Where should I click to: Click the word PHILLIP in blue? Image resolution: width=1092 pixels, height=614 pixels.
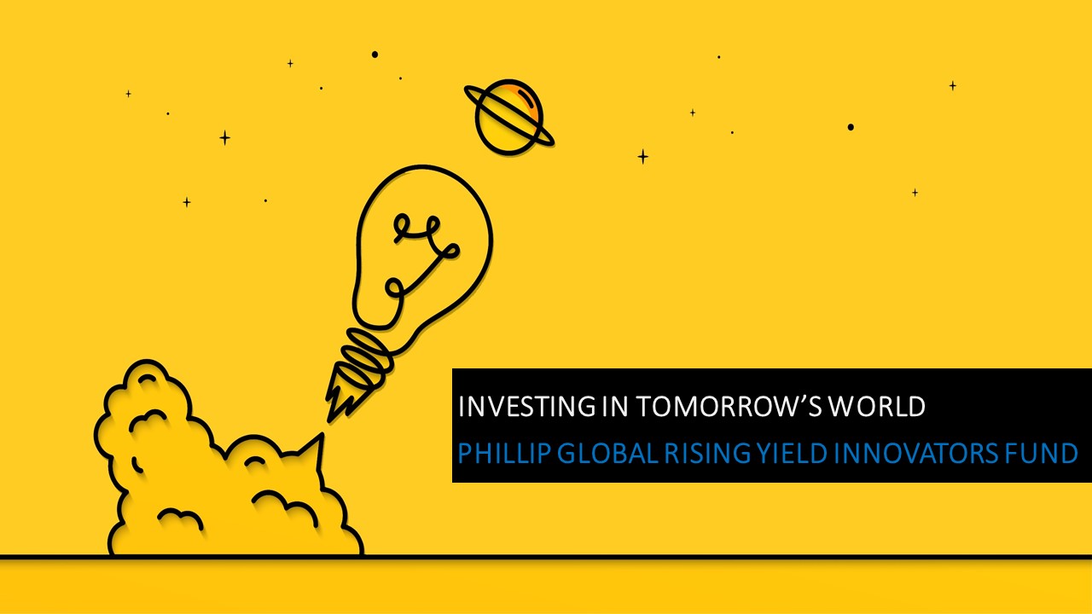click(504, 453)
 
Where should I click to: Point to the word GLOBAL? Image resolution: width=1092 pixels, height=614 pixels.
click(608, 453)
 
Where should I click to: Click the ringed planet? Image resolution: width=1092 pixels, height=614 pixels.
click(509, 117)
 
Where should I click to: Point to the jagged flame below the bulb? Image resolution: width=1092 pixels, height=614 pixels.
click(343, 395)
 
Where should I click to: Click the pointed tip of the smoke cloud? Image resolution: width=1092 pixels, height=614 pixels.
click(321, 434)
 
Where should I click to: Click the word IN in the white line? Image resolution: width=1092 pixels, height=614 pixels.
click(615, 407)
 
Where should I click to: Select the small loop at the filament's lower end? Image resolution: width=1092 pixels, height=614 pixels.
click(394, 288)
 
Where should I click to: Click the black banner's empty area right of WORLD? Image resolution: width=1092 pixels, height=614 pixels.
click(1008, 407)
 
